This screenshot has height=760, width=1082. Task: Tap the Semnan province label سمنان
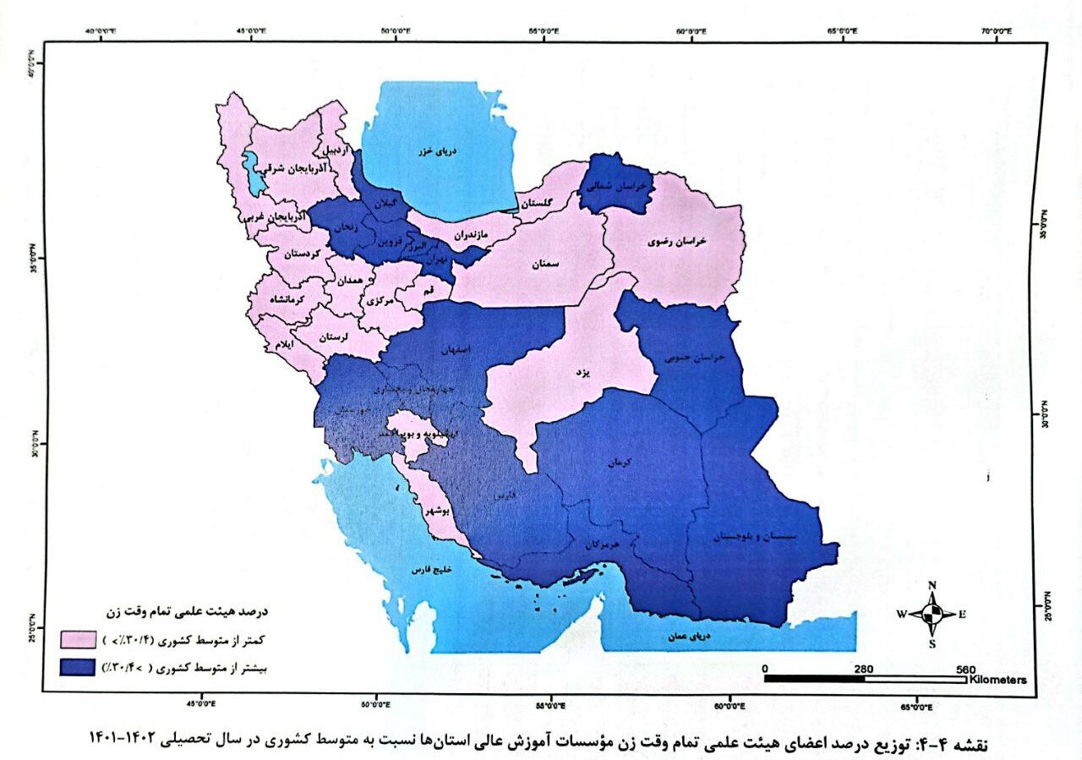coord(545,265)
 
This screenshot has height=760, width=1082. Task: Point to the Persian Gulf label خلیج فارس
coord(427,571)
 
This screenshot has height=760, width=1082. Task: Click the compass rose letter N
coord(932,585)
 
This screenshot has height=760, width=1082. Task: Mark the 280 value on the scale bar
coord(863,667)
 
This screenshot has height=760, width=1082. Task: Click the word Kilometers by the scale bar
coord(998,680)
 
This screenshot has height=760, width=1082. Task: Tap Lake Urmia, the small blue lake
coord(251,167)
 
